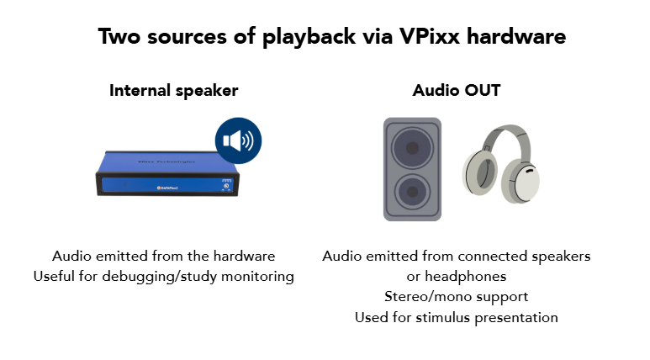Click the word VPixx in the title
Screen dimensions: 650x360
(430, 36)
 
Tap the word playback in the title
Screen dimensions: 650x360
(309, 37)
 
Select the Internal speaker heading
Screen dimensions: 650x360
(174, 90)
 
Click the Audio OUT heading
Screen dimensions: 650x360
(457, 90)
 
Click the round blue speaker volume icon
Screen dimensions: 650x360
(238, 140)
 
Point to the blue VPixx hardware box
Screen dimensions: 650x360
(167, 173)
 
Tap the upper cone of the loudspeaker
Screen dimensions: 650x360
(412, 148)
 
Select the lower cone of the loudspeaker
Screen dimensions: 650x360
(412, 192)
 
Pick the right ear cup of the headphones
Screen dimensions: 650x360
(521, 183)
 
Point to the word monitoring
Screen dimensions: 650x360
(257, 277)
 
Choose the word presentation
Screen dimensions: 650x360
(516, 318)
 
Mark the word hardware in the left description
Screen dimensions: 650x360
(244, 256)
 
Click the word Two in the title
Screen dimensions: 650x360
(119, 36)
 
